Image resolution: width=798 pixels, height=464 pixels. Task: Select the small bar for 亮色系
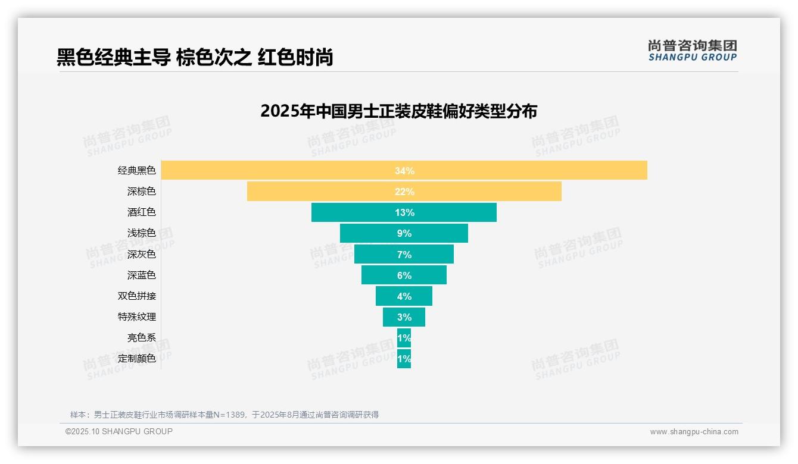pyautogui.click(x=404, y=338)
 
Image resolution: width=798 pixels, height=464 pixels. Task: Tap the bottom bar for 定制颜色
pyautogui.click(x=404, y=359)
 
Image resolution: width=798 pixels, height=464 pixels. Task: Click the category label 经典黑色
pyautogui.click(x=137, y=171)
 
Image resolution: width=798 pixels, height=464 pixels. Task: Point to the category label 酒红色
pyautogui.click(x=142, y=212)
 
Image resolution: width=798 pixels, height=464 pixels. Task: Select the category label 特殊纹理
pyautogui.click(x=137, y=316)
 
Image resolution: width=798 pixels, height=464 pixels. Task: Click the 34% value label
pyautogui.click(x=404, y=171)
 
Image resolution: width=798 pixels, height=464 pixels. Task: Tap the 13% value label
pyautogui.click(x=404, y=212)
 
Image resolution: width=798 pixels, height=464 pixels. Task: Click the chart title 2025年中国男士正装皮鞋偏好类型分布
pyautogui.click(x=398, y=111)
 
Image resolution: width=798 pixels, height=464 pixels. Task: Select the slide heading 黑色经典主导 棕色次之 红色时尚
pyautogui.click(x=195, y=57)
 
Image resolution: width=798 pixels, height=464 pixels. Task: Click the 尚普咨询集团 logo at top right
pyautogui.click(x=692, y=51)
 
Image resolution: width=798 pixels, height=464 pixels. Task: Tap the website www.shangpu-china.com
pyautogui.click(x=694, y=432)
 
